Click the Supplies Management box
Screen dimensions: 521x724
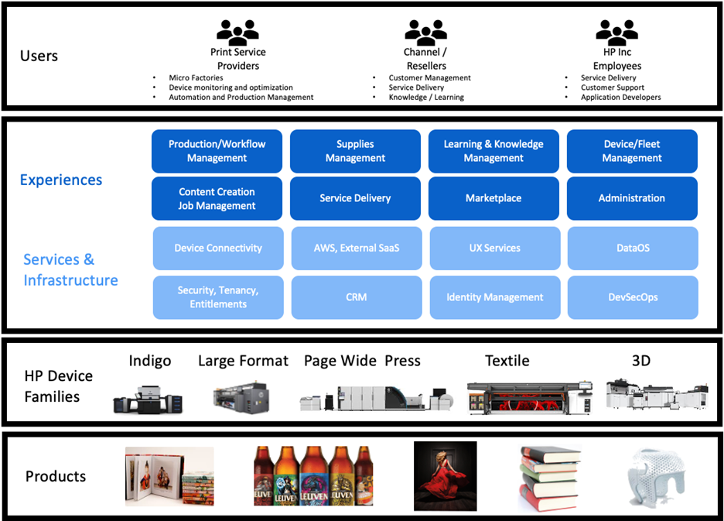pos(355,151)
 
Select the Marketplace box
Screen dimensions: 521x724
pos(493,198)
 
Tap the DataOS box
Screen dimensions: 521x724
pos(632,248)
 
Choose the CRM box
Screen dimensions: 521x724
pos(357,297)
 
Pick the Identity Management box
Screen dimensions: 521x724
pos(494,297)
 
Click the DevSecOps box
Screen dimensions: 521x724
pos(632,297)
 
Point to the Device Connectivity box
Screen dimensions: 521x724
pos(218,248)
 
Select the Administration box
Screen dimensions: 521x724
pos(632,198)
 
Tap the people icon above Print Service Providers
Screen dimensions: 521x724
pos(237,32)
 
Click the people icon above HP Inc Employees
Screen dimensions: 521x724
pos(616,32)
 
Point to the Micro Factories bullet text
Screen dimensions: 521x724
pos(196,78)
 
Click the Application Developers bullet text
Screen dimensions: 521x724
pos(620,98)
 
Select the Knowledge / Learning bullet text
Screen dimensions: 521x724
pos(426,98)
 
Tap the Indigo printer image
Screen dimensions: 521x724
pos(149,394)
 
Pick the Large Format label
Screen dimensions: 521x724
pos(243,361)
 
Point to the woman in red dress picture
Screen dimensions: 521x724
pos(445,476)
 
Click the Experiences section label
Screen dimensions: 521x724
pos(61,180)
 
